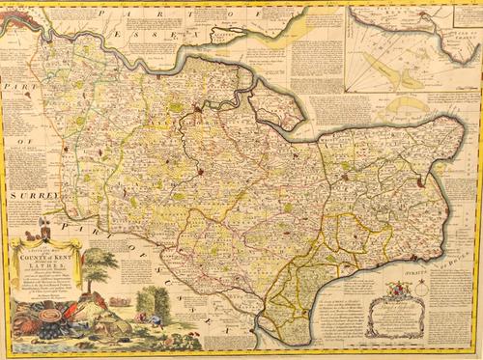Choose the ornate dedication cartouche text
point(394,317)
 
